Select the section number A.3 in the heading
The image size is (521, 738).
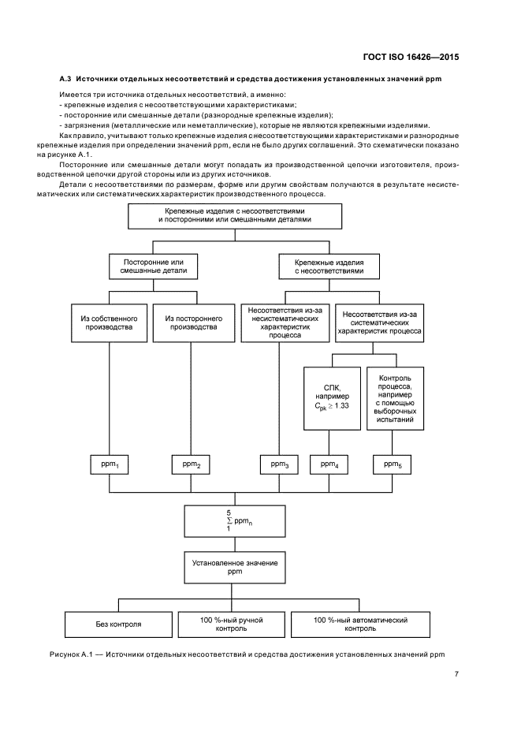click(x=67, y=80)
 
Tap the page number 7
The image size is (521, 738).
click(x=456, y=673)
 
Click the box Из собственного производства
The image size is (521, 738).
click(x=108, y=322)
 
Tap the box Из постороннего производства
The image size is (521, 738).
click(x=191, y=322)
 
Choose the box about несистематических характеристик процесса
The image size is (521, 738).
click(x=285, y=322)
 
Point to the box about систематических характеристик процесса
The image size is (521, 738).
click(x=378, y=322)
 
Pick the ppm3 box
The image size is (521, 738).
click(x=280, y=464)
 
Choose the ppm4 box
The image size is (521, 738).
click(x=329, y=464)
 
